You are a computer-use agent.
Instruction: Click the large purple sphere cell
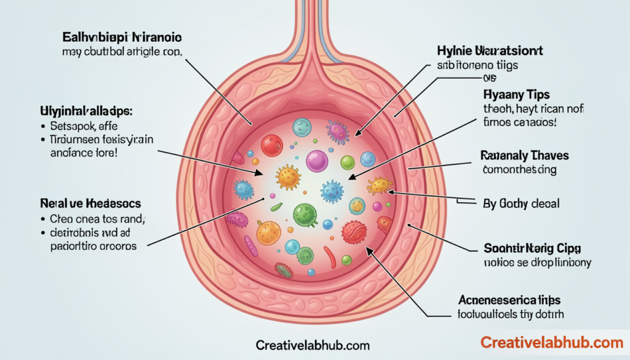[x=316, y=161]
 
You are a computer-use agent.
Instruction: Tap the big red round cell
[x=271, y=146]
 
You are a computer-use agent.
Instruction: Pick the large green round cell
[x=304, y=214]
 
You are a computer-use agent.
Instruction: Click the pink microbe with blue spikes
[x=338, y=130]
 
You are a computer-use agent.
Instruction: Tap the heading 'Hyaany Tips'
[x=516, y=95]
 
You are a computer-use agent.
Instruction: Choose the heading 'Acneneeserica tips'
[x=510, y=300]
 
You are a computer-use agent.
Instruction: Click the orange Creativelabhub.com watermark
[x=551, y=342]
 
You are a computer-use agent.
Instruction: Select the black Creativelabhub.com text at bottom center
[x=314, y=345]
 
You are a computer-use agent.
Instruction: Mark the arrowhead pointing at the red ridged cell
[x=369, y=250]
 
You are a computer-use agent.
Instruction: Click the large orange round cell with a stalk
[x=268, y=232]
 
